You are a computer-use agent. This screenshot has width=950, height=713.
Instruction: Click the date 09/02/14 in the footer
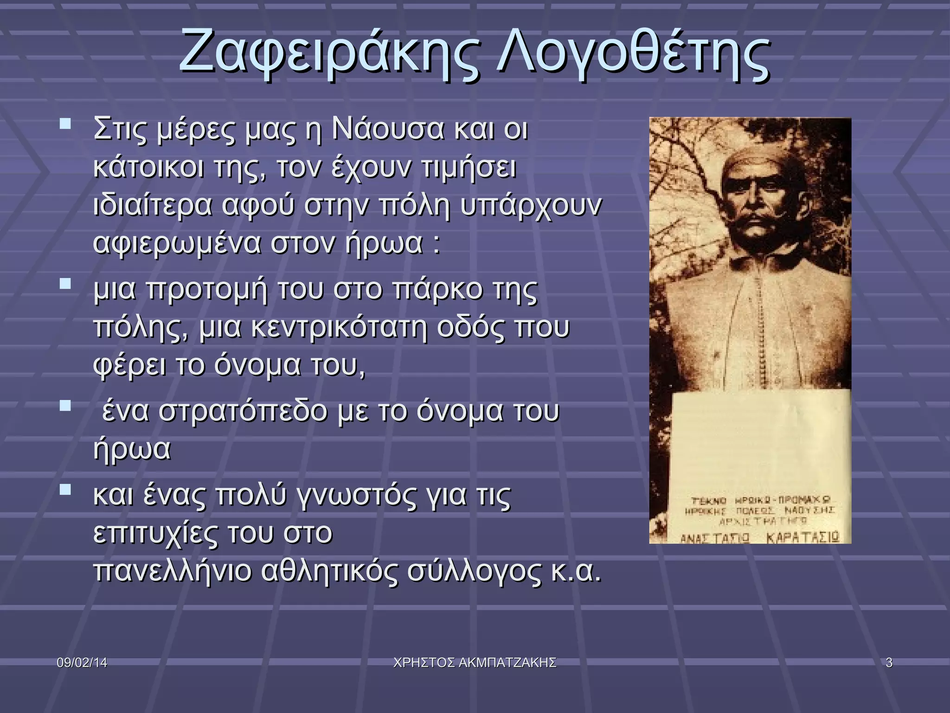[x=82, y=663]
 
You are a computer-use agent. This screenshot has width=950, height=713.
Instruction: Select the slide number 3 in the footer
[x=889, y=663]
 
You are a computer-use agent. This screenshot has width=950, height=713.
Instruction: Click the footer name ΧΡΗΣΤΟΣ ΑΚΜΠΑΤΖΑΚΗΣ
[x=475, y=663]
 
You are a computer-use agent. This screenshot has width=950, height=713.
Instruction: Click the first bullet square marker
[x=65, y=124]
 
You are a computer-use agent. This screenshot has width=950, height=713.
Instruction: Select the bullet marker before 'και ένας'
[x=65, y=489]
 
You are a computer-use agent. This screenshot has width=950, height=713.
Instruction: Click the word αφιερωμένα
[x=177, y=244]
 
